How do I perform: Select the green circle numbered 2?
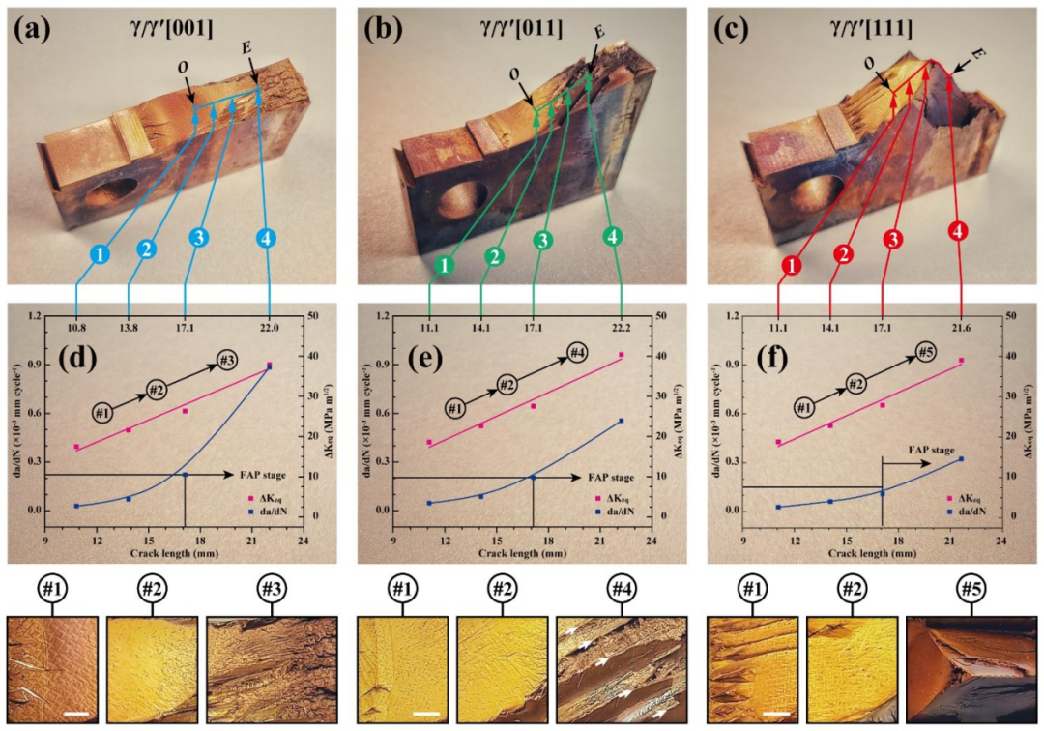coord(495,257)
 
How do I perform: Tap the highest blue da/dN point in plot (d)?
coord(269,366)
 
